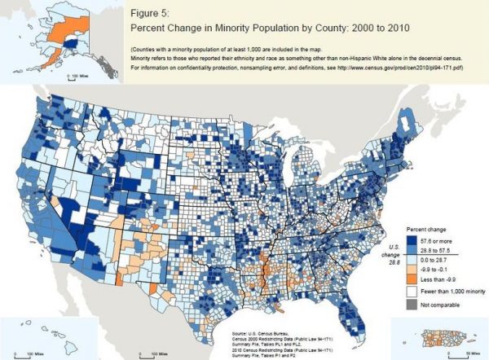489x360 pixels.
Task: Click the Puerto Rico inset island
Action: [x=429, y=336]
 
